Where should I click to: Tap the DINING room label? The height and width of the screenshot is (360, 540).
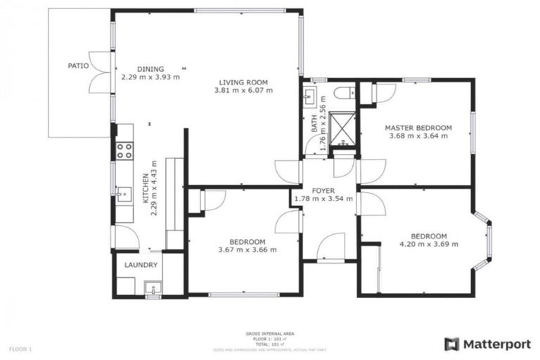tap(150, 68)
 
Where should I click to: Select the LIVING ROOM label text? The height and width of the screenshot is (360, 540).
tap(243, 82)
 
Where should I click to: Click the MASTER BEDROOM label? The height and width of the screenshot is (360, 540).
tap(418, 127)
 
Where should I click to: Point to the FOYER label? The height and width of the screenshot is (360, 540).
tap(323, 190)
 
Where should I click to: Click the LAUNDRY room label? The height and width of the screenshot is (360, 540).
tap(141, 265)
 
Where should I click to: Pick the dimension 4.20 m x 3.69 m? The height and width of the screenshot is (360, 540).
tap(429, 244)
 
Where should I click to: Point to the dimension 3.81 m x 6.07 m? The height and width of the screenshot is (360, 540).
tap(243, 90)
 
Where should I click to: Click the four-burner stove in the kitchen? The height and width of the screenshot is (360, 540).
tap(124, 150)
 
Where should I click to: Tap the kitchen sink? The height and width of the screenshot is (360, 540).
tap(123, 193)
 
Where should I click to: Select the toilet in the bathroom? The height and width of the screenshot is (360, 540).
tap(345, 93)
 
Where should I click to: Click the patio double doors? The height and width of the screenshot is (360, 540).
tap(100, 72)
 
